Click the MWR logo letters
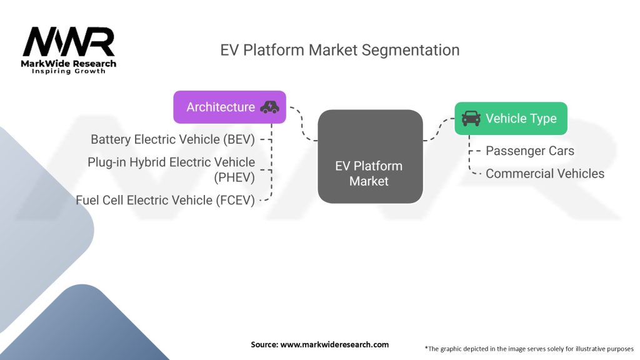click(69, 42)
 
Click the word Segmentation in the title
click(410, 50)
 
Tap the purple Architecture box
click(229, 107)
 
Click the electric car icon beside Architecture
click(270, 107)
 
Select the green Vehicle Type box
click(511, 118)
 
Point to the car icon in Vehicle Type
click(471, 118)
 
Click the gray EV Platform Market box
click(370, 156)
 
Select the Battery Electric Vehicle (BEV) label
click(172, 139)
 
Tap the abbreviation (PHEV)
click(234, 177)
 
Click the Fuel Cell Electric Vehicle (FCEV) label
click(165, 201)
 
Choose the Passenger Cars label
click(530, 151)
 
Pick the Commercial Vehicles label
click(545, 174)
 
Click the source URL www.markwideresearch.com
click(334, 344)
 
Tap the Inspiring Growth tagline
click(69, 71)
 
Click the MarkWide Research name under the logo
click(69, 64)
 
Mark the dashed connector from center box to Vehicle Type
click(439, 129)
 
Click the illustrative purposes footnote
click(529, 349)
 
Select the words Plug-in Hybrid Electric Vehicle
click(171, 162)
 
